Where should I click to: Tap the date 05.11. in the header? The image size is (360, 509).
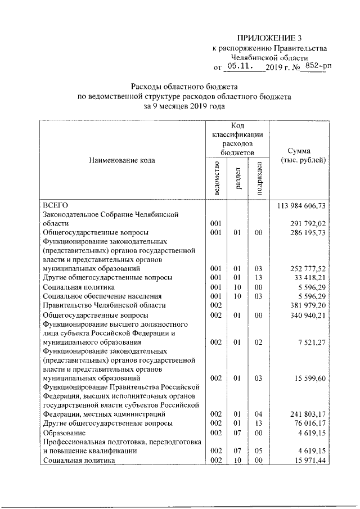pos(243,66)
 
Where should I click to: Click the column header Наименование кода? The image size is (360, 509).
pos(121,160)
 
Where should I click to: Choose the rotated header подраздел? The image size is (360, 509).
pos(259,178)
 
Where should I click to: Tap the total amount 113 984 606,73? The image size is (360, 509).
pos(302,205)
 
